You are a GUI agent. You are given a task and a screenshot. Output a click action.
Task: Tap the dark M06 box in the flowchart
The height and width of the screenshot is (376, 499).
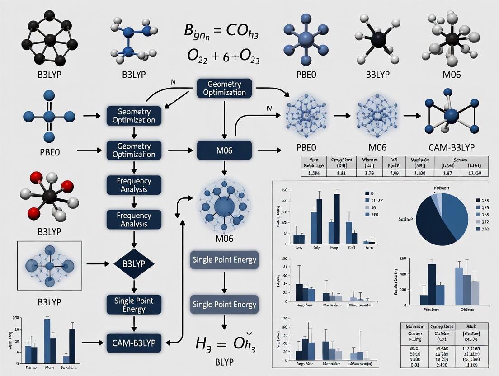(x=221, y=150)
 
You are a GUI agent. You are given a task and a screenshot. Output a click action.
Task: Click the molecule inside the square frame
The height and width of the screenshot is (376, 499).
(x=49, y=265)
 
